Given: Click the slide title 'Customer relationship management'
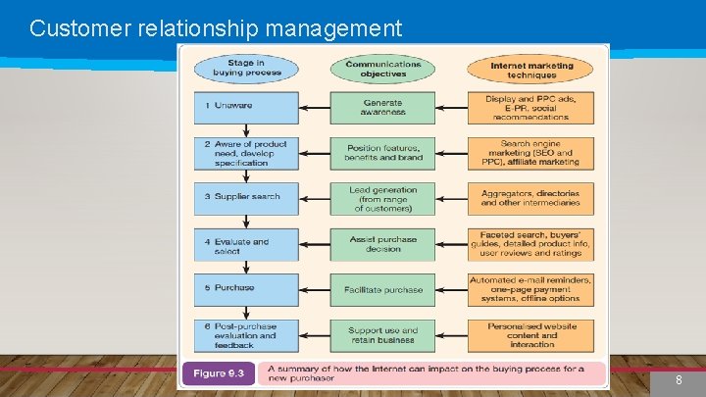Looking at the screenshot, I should (x=216, y=27).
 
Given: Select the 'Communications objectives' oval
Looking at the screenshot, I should (x=382, y=67).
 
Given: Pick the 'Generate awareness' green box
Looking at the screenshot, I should (x=382, y=107).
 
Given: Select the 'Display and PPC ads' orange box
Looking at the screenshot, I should (x=530, y=107).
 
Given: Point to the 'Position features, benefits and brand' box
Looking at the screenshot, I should (x=382, y=153).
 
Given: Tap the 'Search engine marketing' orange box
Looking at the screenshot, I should (x=530, y=153).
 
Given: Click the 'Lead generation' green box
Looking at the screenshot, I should (x=382, y=199).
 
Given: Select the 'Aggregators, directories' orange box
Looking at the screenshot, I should (x=530, y=199).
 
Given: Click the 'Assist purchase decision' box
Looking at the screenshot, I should (x=382, y=244).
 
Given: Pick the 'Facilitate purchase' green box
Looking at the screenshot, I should (x=382, y=290).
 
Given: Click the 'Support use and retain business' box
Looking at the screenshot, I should (x=382, y=335).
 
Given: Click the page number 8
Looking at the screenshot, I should (x=679, y=378).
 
